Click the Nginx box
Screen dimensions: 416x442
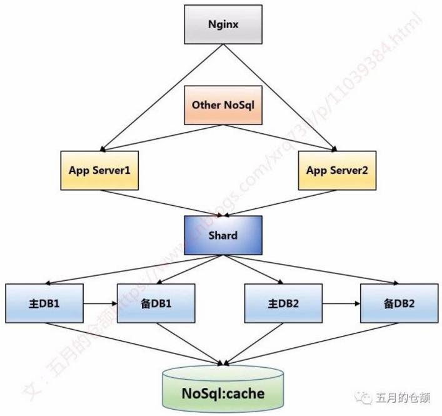pos(221,26)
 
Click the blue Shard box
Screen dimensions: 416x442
pos(221,236)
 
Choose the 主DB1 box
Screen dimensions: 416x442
pos(44,303)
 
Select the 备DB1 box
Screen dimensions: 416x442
pos(157,303)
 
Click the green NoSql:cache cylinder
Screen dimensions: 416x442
pos(223,392)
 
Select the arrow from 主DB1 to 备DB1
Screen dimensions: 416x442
pos(100,303)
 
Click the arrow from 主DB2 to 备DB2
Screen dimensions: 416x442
pos(341,303)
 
